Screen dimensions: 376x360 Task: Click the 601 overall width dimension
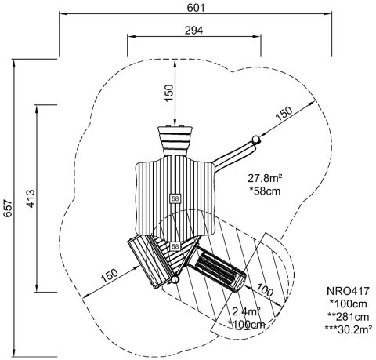pyautogui.click(x=196, y=8)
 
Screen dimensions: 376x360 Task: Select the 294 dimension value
pyautogui.click(x=193, y=31)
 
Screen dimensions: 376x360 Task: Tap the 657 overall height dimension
pyautogui.click(x=8, y=208)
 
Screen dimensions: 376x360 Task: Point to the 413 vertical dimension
pyautogui.click(x=31, y=198)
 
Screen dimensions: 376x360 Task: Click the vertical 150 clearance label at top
pyautogui.click(x=169, y=93)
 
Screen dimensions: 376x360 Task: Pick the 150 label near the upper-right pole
pyautogui.click(x=284, y=113)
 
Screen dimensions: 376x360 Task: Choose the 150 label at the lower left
pyautogui.click(x=110, y=275)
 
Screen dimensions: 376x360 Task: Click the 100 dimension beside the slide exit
pyautogui.click(x=265, y=289)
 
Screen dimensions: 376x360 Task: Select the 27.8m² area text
pyautogui.click(x=265, y=178)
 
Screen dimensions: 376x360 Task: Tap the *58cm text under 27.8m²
pyautogui.click(x=265, y=191)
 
